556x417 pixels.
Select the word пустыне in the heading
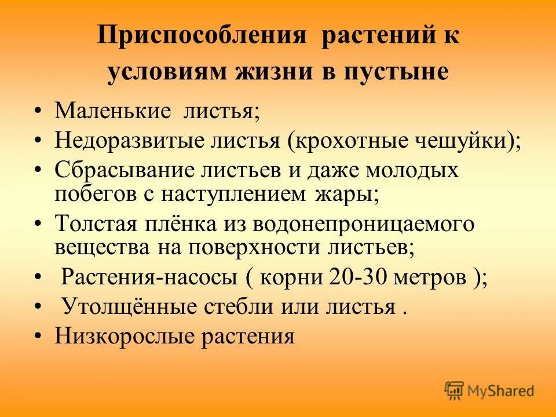pos(403,72)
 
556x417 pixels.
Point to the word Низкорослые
pos(123,336)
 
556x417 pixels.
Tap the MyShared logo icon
pos(455,391)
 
